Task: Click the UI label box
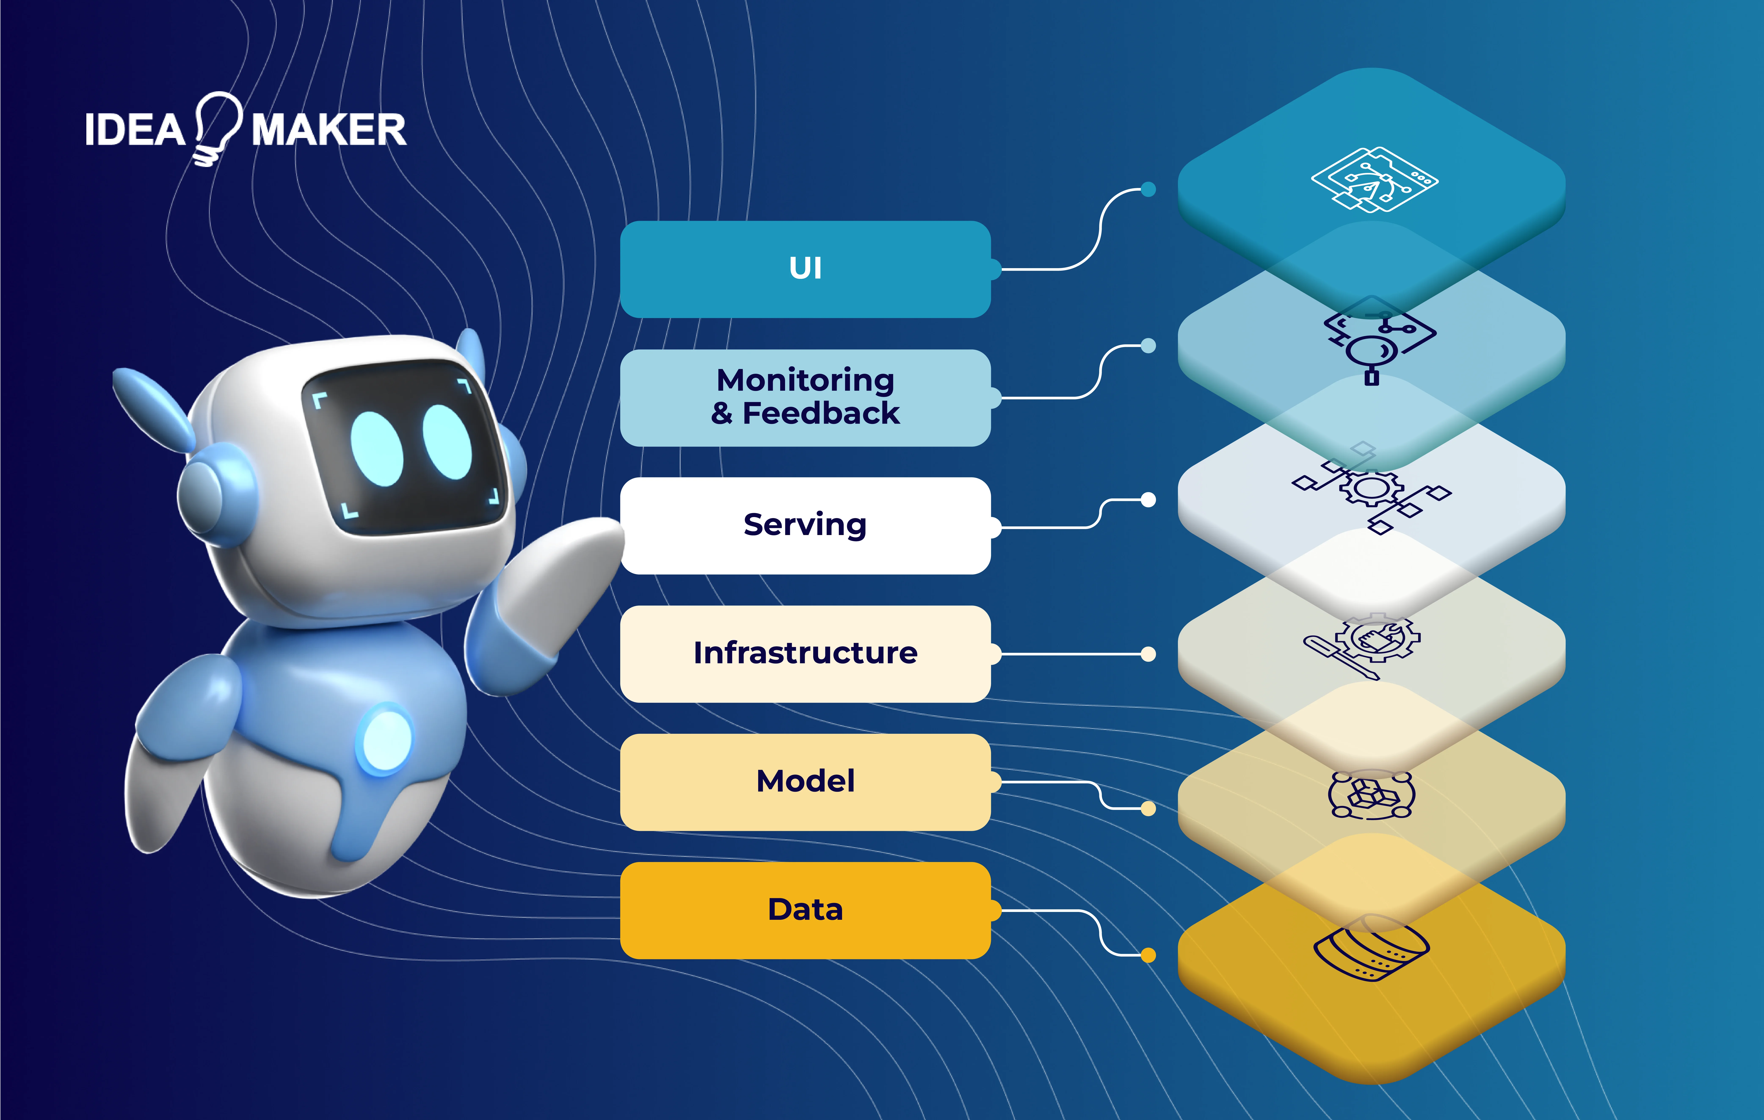click(x=805, y=269)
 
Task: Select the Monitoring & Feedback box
click(x=805, y=397)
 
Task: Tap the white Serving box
click(x=805, y=525)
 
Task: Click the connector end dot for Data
click(x=1148, y=955)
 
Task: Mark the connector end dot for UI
click(x=1148, y=190)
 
